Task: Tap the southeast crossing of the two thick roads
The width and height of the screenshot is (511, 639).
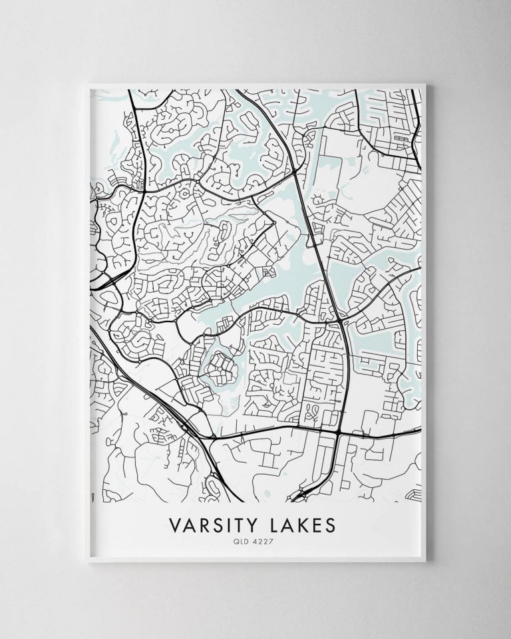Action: coord(340,432)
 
